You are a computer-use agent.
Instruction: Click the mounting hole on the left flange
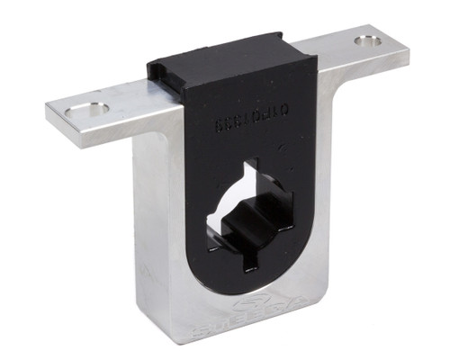[86, 109]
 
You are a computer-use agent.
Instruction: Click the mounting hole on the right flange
[367, 41]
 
